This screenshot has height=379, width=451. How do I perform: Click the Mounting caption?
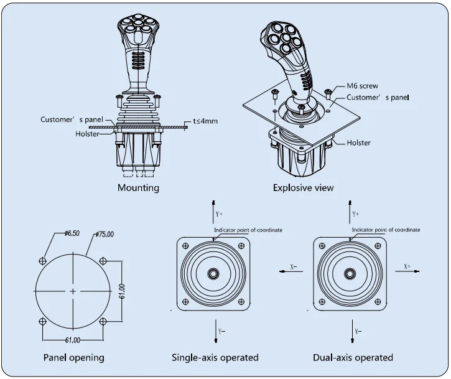tap(138, 187)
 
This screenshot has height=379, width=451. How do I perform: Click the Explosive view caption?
tap(303, 187)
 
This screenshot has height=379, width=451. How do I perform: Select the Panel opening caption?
tap(73, 358)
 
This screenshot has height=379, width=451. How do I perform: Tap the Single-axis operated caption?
tap(215, 358)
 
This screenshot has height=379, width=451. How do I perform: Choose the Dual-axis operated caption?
tap(353, 358)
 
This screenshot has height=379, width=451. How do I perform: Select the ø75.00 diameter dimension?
tap(105, 234)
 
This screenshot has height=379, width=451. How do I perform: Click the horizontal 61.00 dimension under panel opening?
tap(73, 340)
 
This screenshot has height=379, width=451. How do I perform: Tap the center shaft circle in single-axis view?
tap(214, 273)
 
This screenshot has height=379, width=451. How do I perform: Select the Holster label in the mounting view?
tap(88, 133)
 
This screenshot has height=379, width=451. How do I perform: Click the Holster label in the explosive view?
tap(358, 143)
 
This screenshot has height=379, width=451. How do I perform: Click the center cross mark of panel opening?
tap(73, 291)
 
